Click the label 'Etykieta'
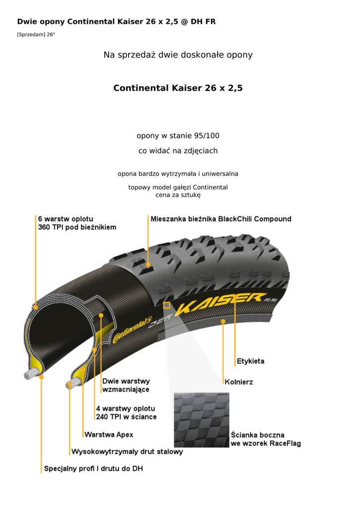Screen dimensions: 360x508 coord(250,361)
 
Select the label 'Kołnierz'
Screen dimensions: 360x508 coord(238,382)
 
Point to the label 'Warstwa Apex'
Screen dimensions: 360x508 coord(109,435)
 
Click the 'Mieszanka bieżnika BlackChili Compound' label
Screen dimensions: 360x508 coord(220,219)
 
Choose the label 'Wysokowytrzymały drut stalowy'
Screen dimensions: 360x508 coord(127,451)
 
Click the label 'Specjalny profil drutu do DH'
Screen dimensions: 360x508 coord(93,468)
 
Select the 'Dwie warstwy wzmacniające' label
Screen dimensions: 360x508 coord(126,385)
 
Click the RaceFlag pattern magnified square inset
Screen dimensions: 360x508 coord(201,420)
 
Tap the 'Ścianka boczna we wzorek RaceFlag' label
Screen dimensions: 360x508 coord(265,439)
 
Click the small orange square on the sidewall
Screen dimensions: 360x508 coord(166,305)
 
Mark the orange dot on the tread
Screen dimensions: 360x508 coord(148,265)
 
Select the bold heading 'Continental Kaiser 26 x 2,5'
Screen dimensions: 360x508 coord(178,88)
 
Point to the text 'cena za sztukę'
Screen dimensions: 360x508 coord(178,194)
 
